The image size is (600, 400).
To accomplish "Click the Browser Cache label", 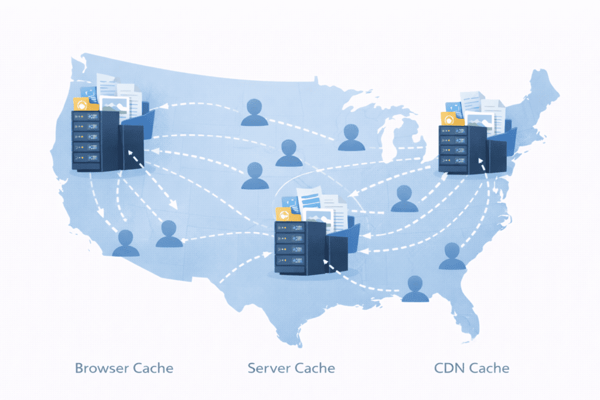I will click(x=124, y=368).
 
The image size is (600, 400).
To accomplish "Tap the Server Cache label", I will click(x=291, y=368).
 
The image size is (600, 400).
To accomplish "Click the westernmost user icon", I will click(x=125, y=243).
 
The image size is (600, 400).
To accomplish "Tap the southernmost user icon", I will click(x=415, y=289).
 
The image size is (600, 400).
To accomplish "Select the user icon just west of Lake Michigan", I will click(x=351, y=138).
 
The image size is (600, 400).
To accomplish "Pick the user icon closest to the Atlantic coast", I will click(x=452, y=256).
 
